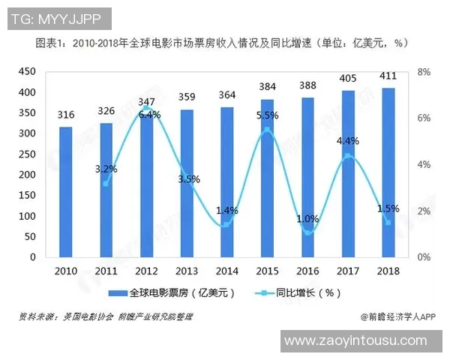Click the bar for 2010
(66, 192)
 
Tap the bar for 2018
(388, 172)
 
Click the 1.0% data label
(307, 219)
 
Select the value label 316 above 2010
(66, 114)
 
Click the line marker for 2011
(106, 183)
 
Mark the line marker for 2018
(388, 222)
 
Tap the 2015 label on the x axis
(267, 270)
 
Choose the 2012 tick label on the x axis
(146, 270)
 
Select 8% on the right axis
(423, 72)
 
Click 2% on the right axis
(423, 211)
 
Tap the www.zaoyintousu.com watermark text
(355, 341)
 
